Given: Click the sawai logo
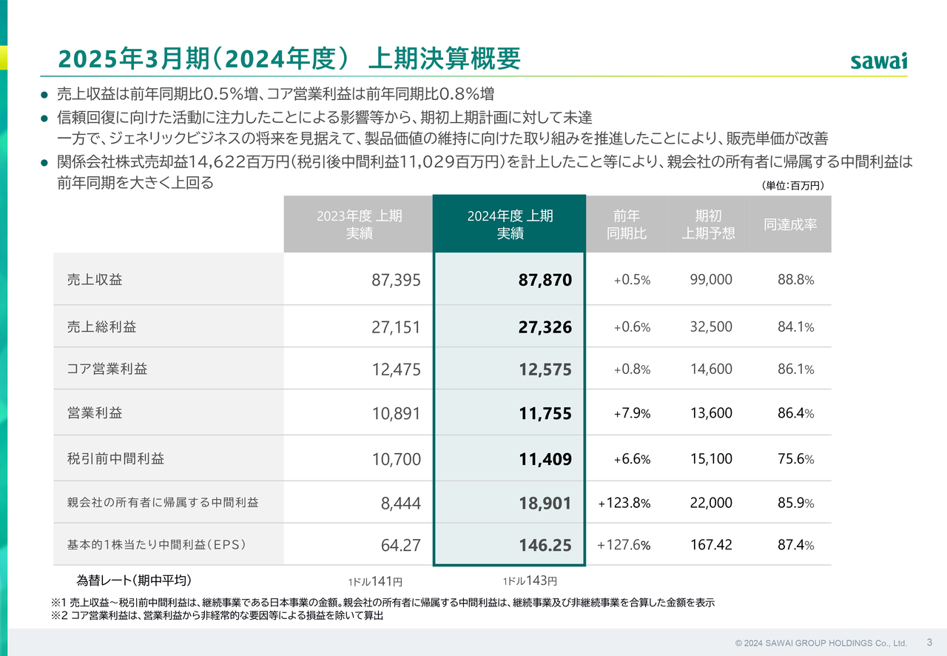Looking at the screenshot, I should pyautogui.click(x=878, y=61).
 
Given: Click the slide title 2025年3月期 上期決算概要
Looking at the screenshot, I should pyautogui.click(x=289, y=58).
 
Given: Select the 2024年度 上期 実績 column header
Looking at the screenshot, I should pyautogui.click(x=510, y=224).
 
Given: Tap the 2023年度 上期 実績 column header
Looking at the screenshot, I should pyautogui.click(x=359, y=224).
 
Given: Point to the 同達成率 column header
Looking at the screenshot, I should pyautogui.click(x=790, y=224).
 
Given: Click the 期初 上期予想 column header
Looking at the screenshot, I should pyautogui.click(x=708, y=224).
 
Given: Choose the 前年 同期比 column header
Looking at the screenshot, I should pyautogui.click(x=626, y=224).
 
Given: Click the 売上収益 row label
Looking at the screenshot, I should pyautogui.click(x=95, y=280).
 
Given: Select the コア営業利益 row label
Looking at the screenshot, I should pyautogui.click(x=107, y=369).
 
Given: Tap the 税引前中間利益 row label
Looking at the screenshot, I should pyautogui.click(x=115, y=458).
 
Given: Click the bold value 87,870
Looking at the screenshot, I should pyautogui.click(x=545, y=281).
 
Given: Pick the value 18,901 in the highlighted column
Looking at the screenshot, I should pyautogui.click(x=545, y=503).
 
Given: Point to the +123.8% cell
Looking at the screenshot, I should pyautogui.click(x=624, y=503).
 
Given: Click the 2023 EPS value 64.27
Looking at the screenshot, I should pyautogui.click(x=400, y=546).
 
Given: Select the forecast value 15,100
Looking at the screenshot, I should pyautogui.click(x=711, y=459).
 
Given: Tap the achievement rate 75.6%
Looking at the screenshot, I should pyautogui.click(x=795, y=459).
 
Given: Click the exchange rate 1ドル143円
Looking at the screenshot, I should pyautogui.click(x=529, y=581).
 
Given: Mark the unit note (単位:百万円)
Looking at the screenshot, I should pyautogui.click(x=792, y=186).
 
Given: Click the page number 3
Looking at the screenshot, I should pyautogui.click(x=929, y=642).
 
